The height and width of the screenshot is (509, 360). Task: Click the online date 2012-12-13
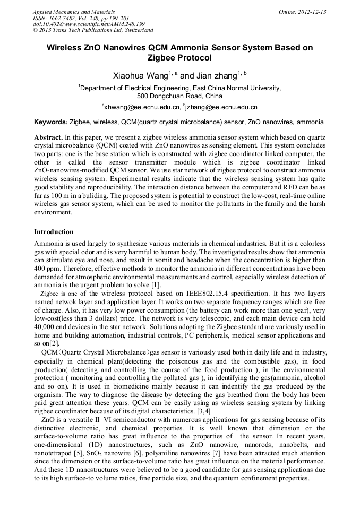tap(312, 12)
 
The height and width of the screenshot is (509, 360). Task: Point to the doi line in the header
tap(88, 24)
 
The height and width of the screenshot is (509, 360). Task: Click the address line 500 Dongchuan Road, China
tap(179, 96)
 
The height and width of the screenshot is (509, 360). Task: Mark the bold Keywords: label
tap(50, 122)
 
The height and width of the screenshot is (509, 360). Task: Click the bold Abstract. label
tap(49, 137)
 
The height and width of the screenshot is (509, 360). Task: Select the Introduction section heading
tap(54, 232)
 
